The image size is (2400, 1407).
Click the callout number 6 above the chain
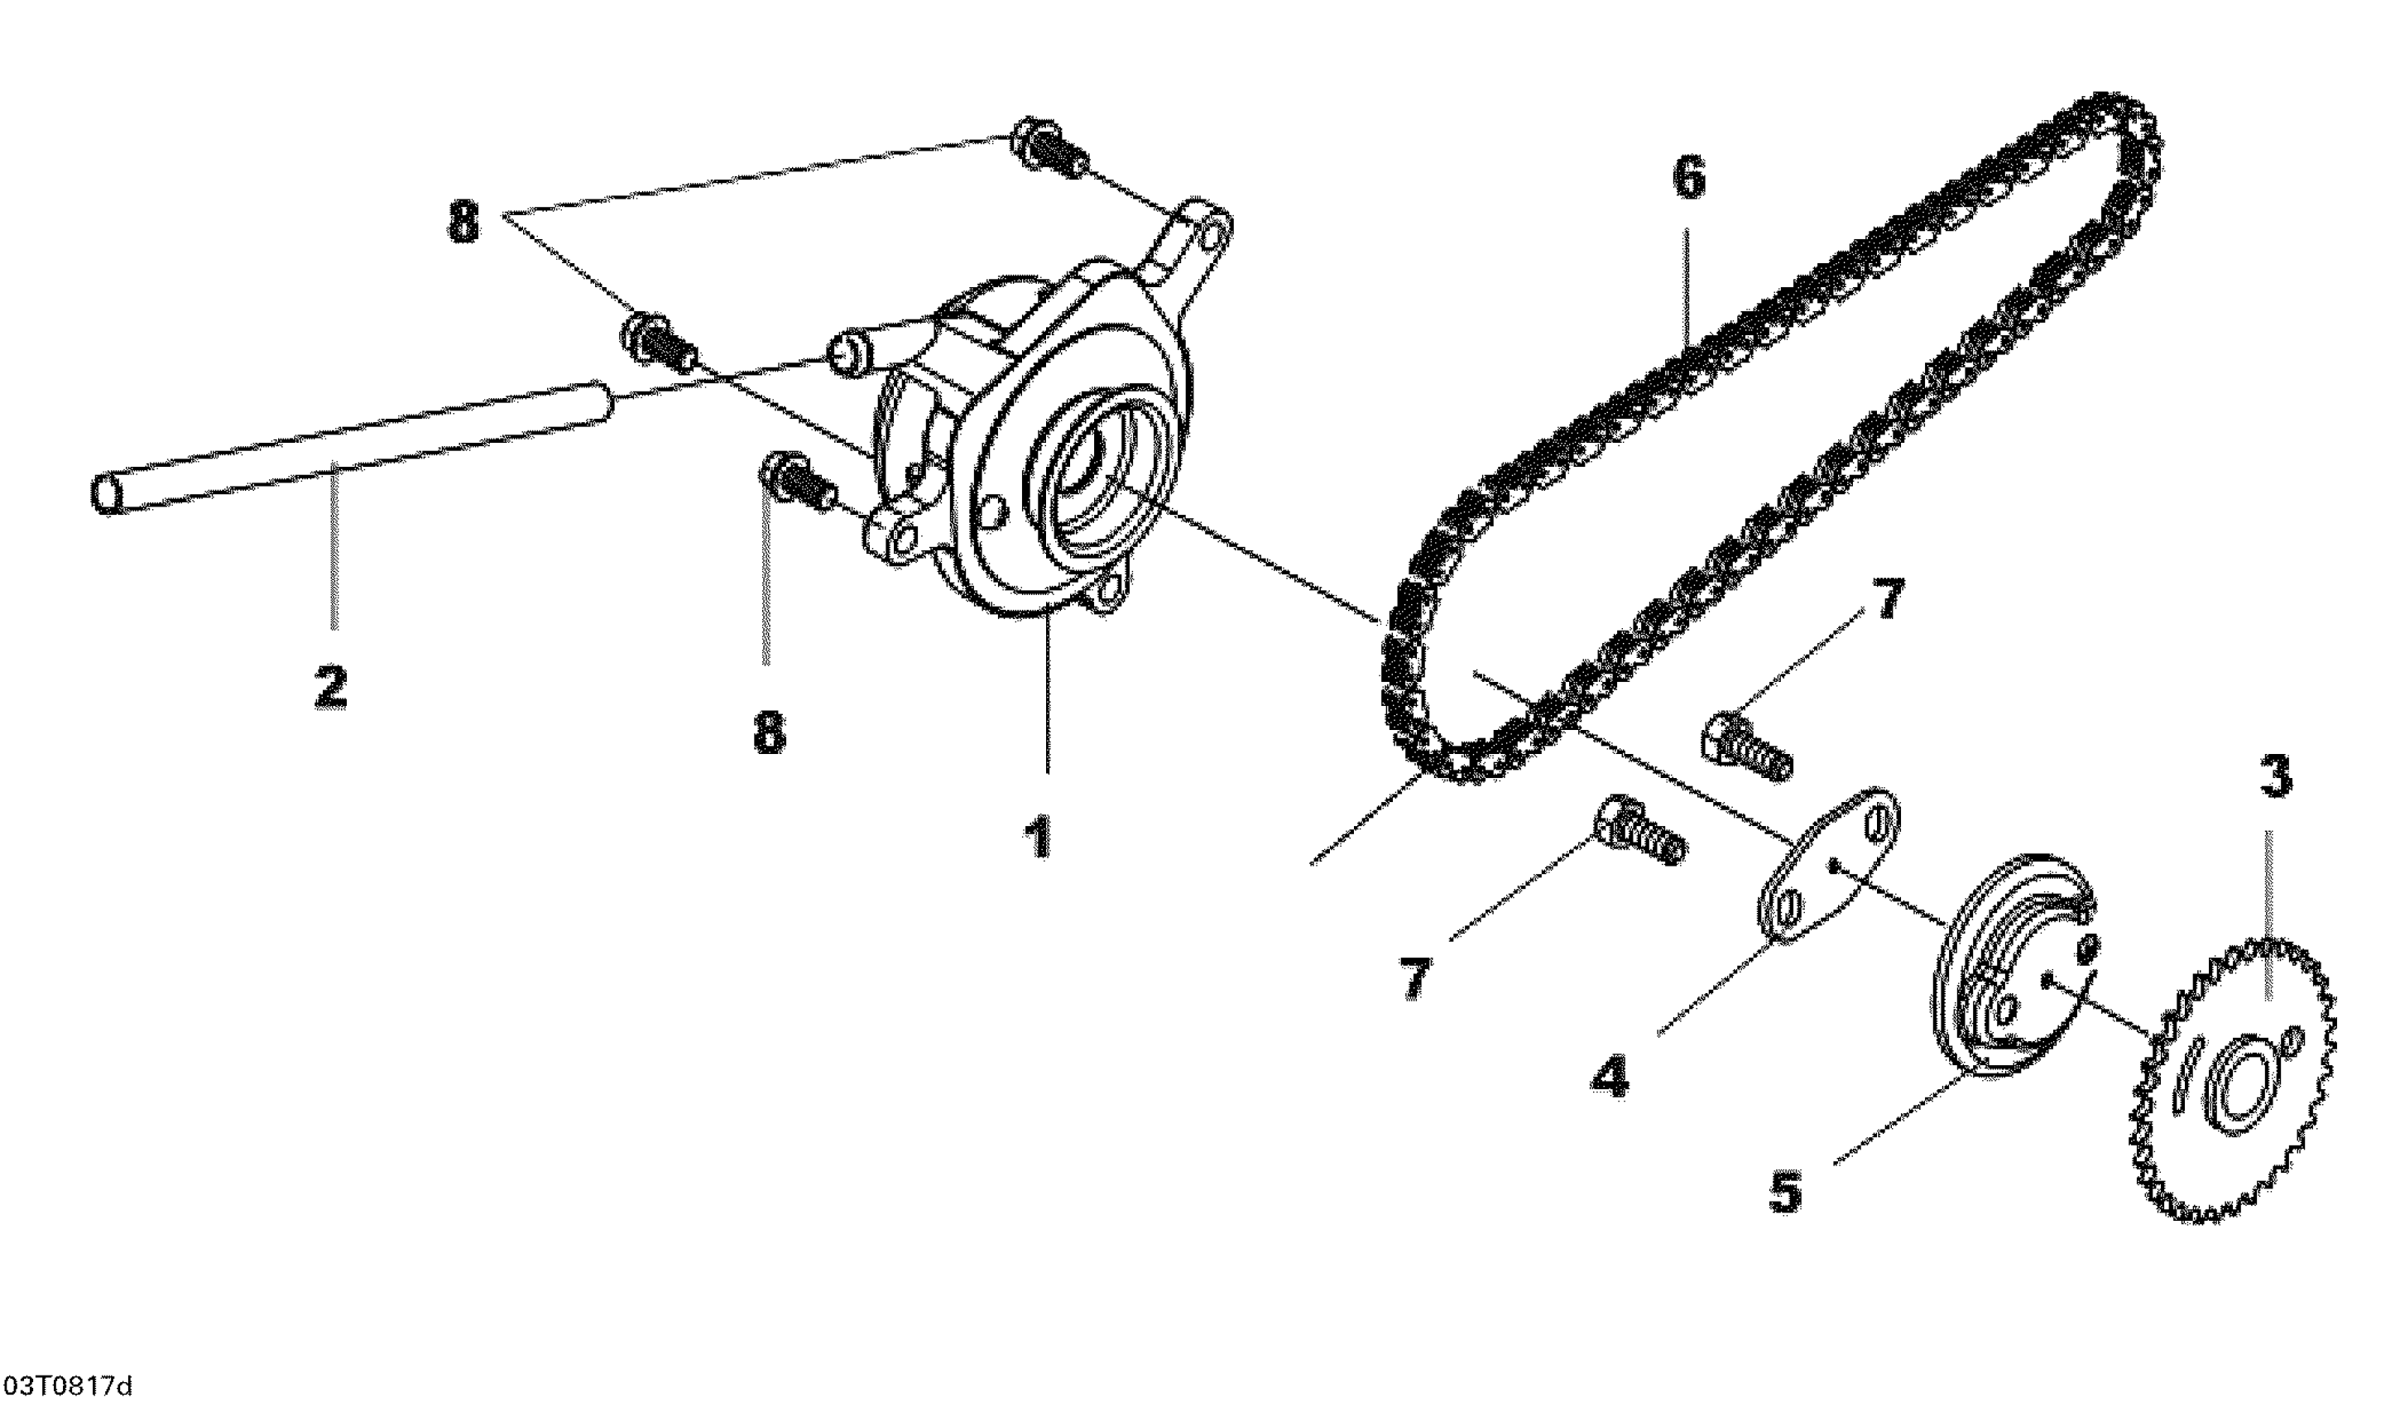pyautogui.click(x=1688, y=179)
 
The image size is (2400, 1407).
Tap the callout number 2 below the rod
pyautogui.click(x=330, y=688)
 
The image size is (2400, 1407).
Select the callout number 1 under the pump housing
pyautogui.click(x=1037, y=838)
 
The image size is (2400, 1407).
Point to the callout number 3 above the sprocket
pyautogui.click(x=2275, y=777)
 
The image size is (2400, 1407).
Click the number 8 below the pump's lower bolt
pyautogui.click(x=770, y=732)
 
